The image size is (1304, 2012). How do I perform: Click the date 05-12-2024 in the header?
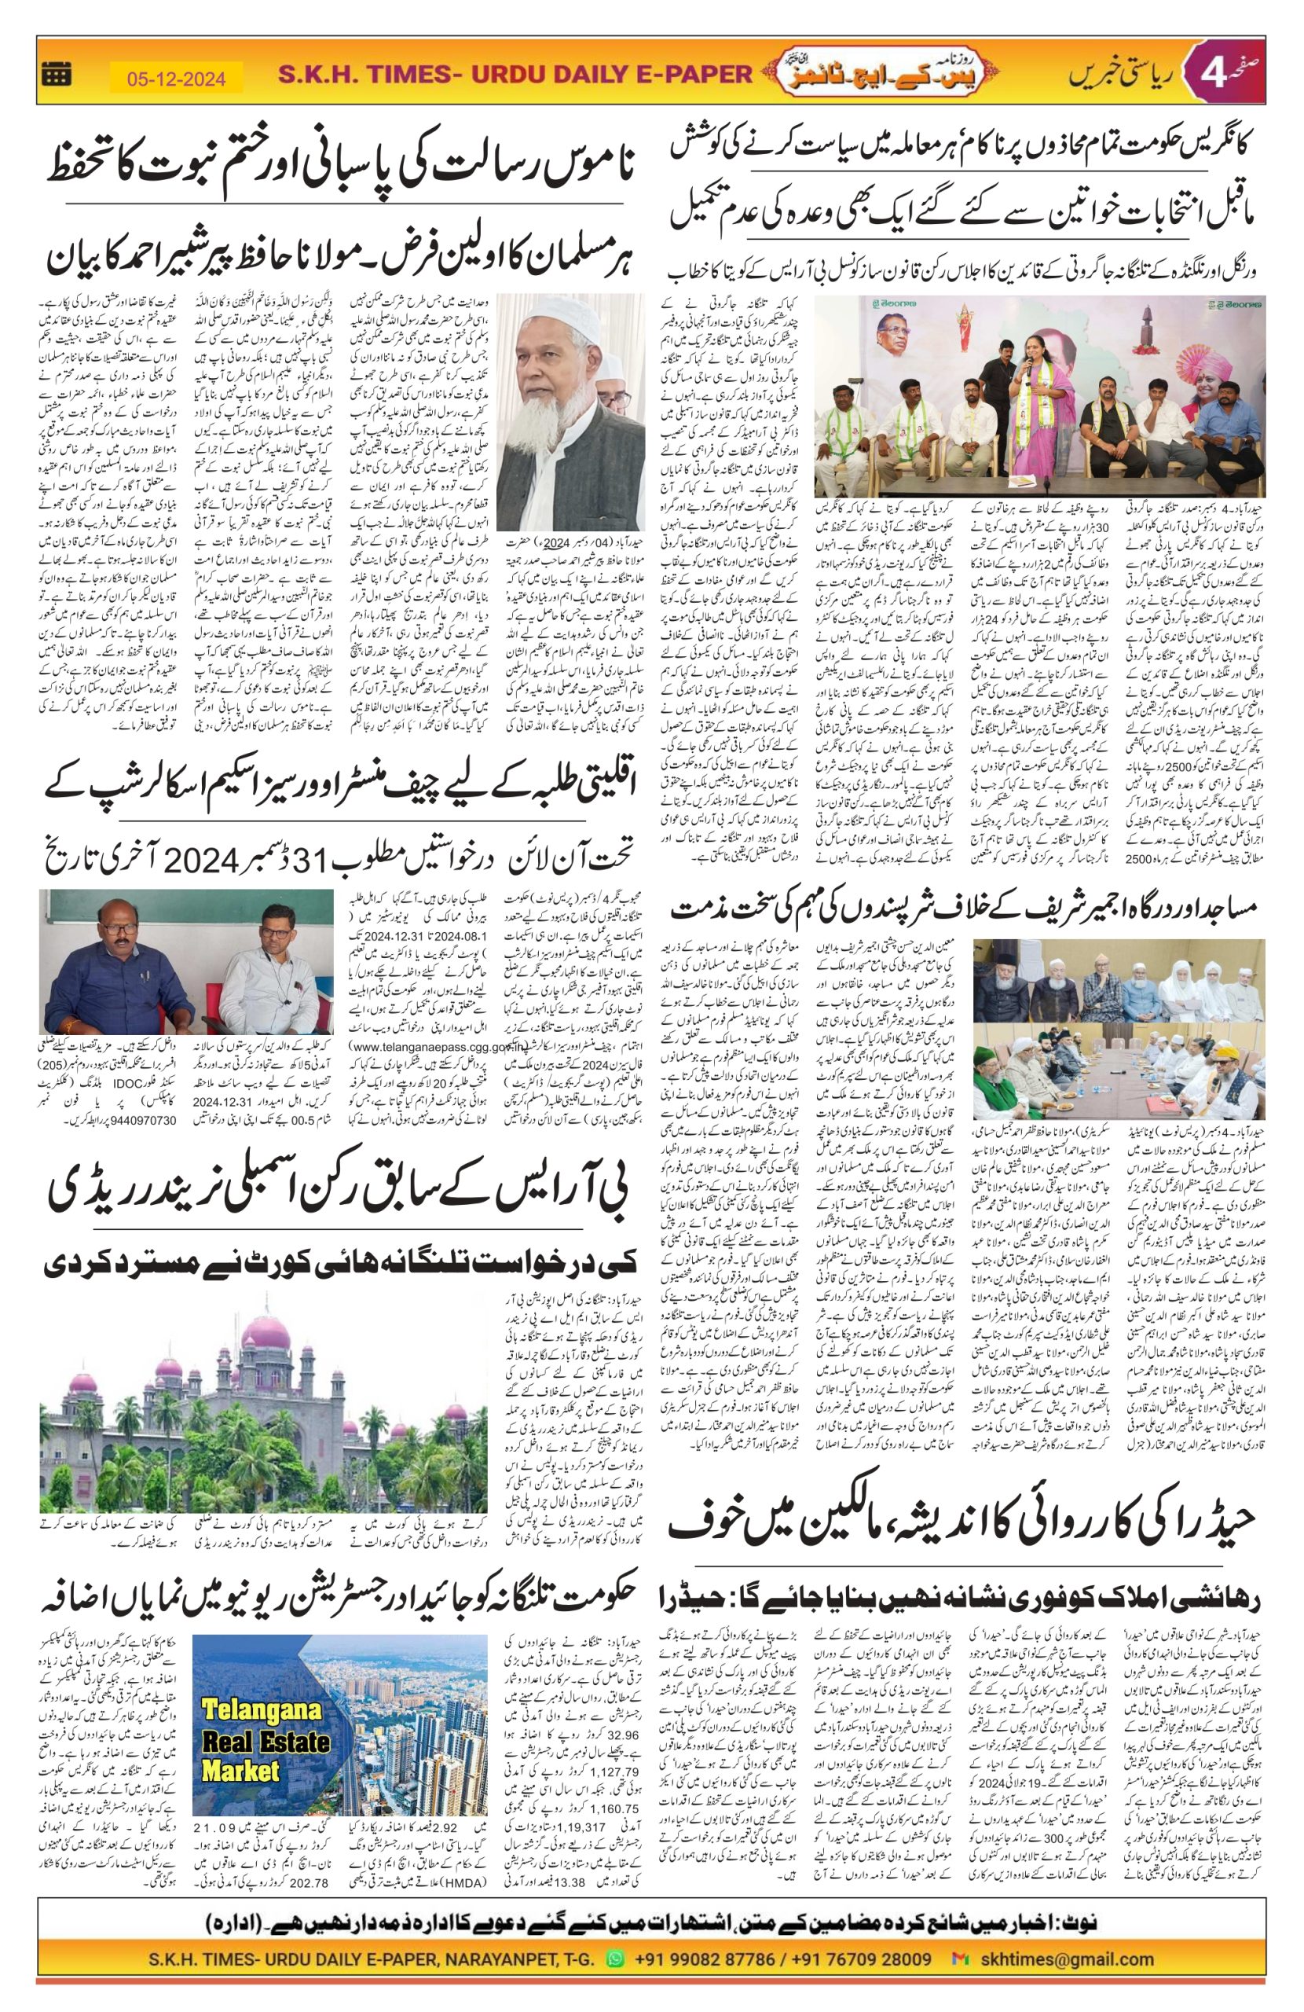[x=177, y=79]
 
